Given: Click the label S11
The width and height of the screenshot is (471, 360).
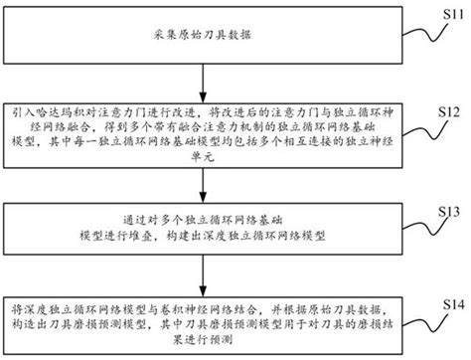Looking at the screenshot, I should click(x=448, y=12).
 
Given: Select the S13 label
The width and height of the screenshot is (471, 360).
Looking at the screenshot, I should click(x=449, y=212).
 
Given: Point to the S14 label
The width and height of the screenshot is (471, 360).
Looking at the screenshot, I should click(x=449, y=303).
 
